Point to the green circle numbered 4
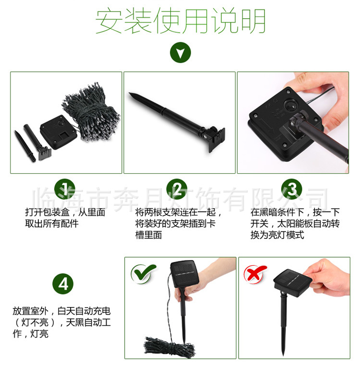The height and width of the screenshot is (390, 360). tap(63, 284)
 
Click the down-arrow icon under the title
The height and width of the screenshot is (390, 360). tap(180, 53)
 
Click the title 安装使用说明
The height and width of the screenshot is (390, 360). tap(180, 21)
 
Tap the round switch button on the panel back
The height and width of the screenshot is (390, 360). tap(290, 105)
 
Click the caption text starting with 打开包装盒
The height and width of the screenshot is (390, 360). tap(65, 218)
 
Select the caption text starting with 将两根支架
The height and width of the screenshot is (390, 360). tap(178, 224)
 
